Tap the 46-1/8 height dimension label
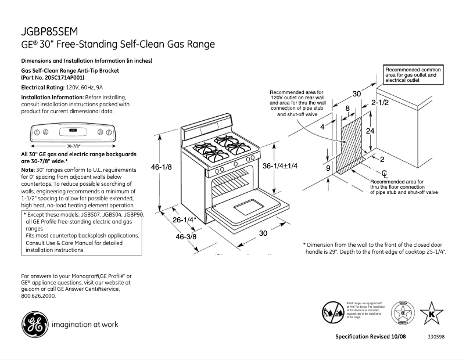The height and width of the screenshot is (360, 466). pos(162,168)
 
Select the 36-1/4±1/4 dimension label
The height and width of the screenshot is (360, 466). pos(279,166)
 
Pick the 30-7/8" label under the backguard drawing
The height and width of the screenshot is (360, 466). pos(73,145)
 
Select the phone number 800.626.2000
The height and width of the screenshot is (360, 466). pos(38,296)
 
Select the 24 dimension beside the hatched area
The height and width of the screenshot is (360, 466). pos(370,131)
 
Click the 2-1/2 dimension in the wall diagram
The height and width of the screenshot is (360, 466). pos(379,103)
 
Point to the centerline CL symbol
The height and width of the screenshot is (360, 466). pos(385,174)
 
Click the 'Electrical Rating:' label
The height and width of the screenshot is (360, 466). pos(39,87)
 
